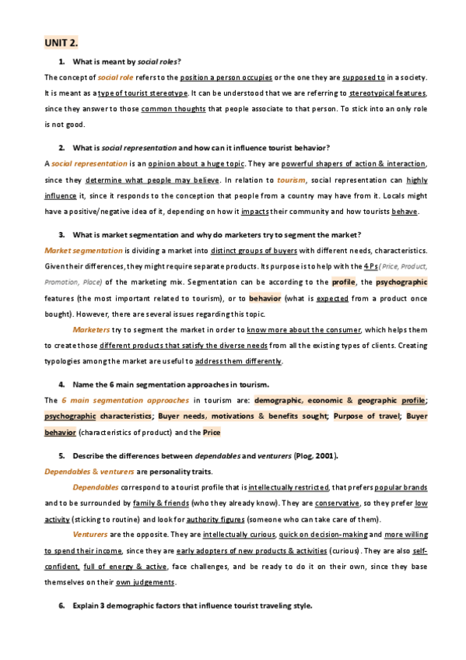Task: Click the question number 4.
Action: (x=61, y=384)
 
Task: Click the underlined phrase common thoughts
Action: (x=173, y=109)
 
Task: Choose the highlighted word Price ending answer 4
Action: (x=212, y=432)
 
